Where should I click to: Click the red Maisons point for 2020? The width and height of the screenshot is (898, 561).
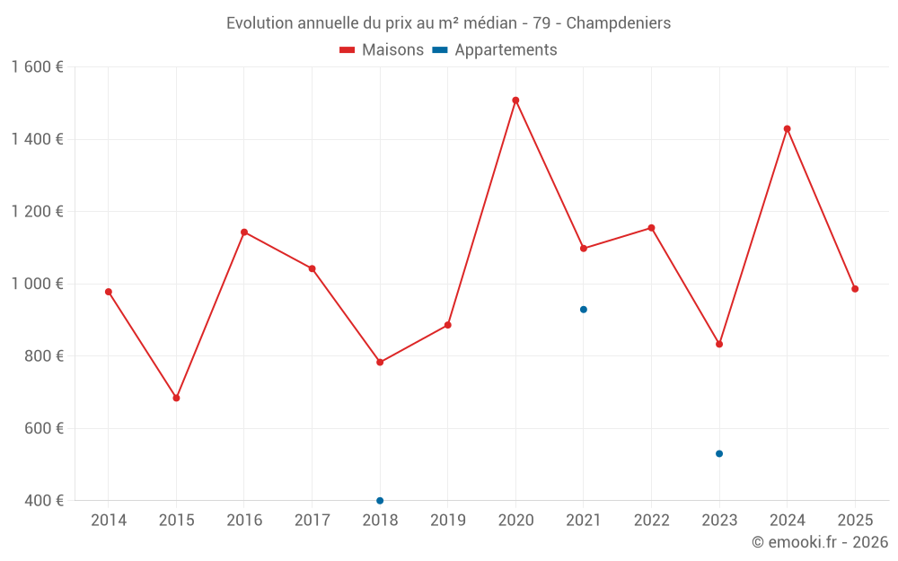(515, 101)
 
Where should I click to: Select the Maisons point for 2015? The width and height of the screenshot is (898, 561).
(176, 398)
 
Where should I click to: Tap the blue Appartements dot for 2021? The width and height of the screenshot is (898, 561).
(584, 310)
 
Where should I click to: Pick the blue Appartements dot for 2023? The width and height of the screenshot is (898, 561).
(719, 453)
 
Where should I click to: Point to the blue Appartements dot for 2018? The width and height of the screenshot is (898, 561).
(380, 500)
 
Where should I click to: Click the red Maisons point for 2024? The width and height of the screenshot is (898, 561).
(788, 128)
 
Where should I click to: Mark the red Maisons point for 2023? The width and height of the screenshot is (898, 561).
(719, 344)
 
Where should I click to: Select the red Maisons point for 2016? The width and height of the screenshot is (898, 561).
(244, 232)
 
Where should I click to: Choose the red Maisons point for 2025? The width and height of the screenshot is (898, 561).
(855, 289)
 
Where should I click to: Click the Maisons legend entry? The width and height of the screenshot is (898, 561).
(382, 50)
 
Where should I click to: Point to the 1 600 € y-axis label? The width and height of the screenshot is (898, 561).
(38, 67)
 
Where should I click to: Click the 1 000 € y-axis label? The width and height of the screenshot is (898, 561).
(38, 284)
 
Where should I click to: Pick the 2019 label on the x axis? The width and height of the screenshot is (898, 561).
(448, 521)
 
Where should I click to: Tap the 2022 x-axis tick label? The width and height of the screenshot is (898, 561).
(652, 521)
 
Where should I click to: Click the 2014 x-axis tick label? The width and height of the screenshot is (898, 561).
(109, 521)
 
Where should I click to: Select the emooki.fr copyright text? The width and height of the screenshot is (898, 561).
(820, 542)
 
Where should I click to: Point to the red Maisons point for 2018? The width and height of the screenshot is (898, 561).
(380, 362)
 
